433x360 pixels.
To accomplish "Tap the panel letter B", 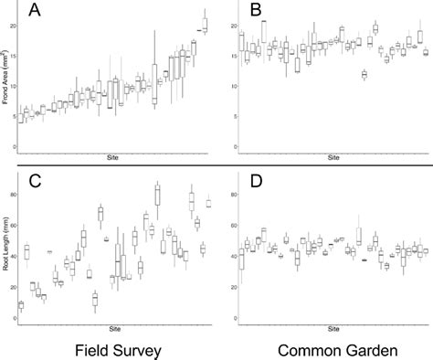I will click(256, 11).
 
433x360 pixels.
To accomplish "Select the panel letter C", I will click(35, 180).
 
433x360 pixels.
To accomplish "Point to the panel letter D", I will click(257, 180).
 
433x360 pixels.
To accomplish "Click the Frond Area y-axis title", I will click(6, 88).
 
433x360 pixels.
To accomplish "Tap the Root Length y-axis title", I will click(6, 248).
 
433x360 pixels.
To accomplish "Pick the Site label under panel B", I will click(333, 157).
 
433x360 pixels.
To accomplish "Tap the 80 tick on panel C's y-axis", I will click(12, 195).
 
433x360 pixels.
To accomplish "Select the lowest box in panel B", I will click(364, 73).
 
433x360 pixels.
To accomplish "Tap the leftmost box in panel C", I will click(20, 305).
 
